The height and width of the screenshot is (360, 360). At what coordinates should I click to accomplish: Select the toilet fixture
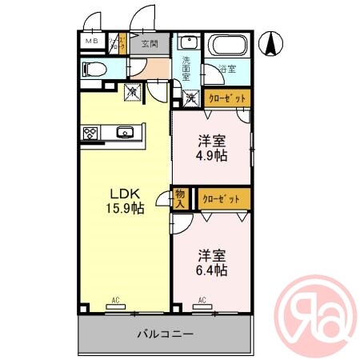[94, 70]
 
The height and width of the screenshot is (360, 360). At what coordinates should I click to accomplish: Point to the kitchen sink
[124, 133]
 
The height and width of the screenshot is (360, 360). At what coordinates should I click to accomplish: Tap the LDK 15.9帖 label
[126, 200]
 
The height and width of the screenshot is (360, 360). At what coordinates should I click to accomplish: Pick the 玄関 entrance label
[150, 44]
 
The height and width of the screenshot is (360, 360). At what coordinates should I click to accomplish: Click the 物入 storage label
[180, 198]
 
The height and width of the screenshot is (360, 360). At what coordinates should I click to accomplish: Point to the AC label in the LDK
[115, 300]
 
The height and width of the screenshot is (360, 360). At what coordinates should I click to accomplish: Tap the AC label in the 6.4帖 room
[202, 300]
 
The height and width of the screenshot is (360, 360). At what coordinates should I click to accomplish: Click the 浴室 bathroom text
[228, 70]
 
